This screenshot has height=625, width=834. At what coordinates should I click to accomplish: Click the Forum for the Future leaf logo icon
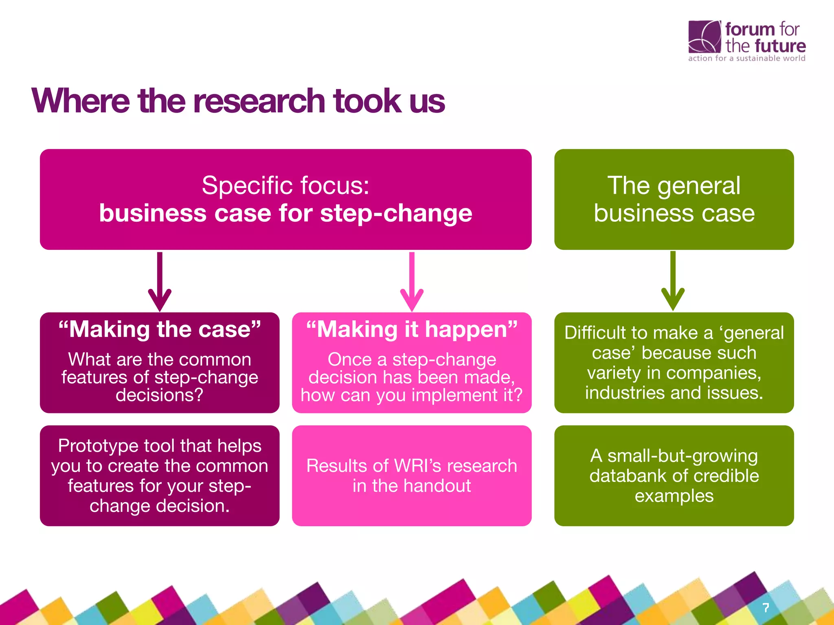pyautogui.click(x=704, y=37)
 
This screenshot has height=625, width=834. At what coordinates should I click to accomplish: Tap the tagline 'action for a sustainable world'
pyautogui.click(x=746, y=59)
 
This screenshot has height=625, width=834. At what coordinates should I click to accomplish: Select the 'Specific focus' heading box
pyautogui.click(x=285, y=199)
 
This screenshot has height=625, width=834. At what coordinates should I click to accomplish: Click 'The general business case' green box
pyautogui.click(x=674, y=199)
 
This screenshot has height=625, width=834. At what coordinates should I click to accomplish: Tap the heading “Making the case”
pyautogui.click(x=160, y=329)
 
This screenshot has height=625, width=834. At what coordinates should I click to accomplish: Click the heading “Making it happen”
pyautogui.click(x=412, y=329)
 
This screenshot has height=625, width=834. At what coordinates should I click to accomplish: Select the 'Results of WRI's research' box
pyautogui.click(x=412, y=476)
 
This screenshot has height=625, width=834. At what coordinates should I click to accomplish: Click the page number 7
pyautogui.click(x=766, y=608)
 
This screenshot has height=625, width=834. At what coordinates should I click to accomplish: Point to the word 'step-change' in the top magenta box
pyautogui.click(x=396, y=214)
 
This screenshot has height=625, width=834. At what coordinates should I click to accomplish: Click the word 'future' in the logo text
pyautogui.click(x=780, y=46)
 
